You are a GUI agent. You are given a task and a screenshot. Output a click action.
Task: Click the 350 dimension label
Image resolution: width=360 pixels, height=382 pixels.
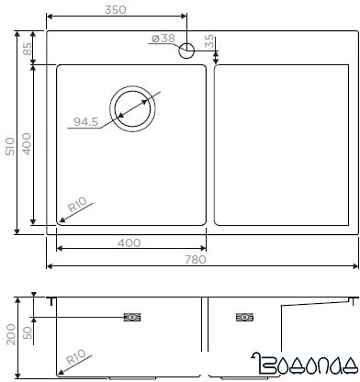(x=115, y=10)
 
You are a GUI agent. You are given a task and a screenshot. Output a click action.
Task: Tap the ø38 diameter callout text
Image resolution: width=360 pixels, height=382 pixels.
(x=163, y=39)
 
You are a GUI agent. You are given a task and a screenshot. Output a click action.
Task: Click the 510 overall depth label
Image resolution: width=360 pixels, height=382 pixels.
(x=10, y=146)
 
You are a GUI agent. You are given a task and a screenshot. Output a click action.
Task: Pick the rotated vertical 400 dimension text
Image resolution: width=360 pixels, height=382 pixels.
(x=28, y=144)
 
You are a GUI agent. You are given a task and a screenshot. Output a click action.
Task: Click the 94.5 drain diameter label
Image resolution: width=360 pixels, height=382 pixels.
(x=85, y=120)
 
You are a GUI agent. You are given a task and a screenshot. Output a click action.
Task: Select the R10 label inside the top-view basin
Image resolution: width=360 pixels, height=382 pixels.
(x=77, y=206)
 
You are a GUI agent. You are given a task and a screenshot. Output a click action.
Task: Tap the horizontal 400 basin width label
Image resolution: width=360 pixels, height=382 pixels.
(x=129, y=243)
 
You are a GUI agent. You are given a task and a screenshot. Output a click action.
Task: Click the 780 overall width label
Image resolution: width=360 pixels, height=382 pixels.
(x=196, y=260)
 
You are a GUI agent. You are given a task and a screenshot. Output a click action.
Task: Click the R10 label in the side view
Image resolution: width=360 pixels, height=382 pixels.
(x=75, y=356)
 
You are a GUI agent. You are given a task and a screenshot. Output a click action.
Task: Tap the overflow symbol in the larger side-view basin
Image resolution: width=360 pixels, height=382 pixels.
(x=131, y=318)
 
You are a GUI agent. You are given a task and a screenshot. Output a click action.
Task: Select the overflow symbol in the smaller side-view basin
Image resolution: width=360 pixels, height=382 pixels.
(x=243, y=318)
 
